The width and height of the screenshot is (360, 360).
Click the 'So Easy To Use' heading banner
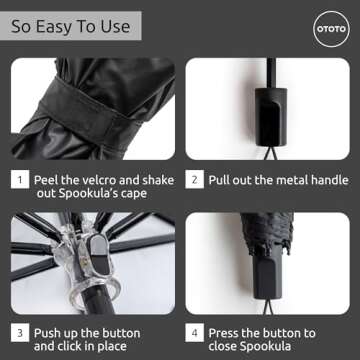tap(69, 26)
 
